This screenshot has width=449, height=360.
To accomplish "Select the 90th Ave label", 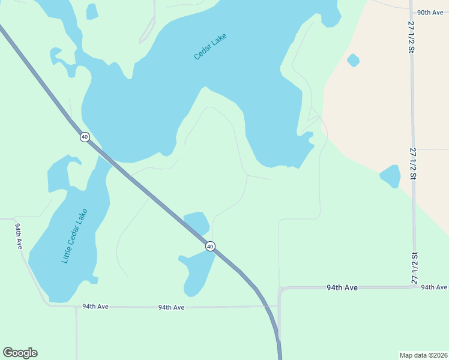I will point(429,12).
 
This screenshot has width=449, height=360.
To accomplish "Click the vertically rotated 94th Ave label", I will point(19,236).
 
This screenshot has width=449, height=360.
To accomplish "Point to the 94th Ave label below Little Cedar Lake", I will point(95,307).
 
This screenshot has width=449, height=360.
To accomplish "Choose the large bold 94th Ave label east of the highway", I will point(342,288).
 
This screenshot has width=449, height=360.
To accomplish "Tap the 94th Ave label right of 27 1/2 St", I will point(434,287).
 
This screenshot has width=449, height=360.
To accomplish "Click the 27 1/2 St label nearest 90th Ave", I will point(412,37).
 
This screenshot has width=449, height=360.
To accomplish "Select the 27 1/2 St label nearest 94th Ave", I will point(414,268).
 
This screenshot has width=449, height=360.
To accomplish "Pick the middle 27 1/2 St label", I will point(413,163).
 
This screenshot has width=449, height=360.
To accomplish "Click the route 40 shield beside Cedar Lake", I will point(85,137).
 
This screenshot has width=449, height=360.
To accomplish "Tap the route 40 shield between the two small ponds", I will point(210,246).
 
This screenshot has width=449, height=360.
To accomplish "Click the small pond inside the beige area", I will point(353,60).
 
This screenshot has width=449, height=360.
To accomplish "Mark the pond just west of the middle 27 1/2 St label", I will point(390,176).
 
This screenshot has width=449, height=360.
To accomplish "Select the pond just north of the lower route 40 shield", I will point(196,223).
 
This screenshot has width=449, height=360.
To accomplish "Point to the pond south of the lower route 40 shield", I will point(196,272).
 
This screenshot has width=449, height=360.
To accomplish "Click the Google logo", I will point(20,353).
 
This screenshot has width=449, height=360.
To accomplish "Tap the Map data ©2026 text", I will point(423,355).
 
